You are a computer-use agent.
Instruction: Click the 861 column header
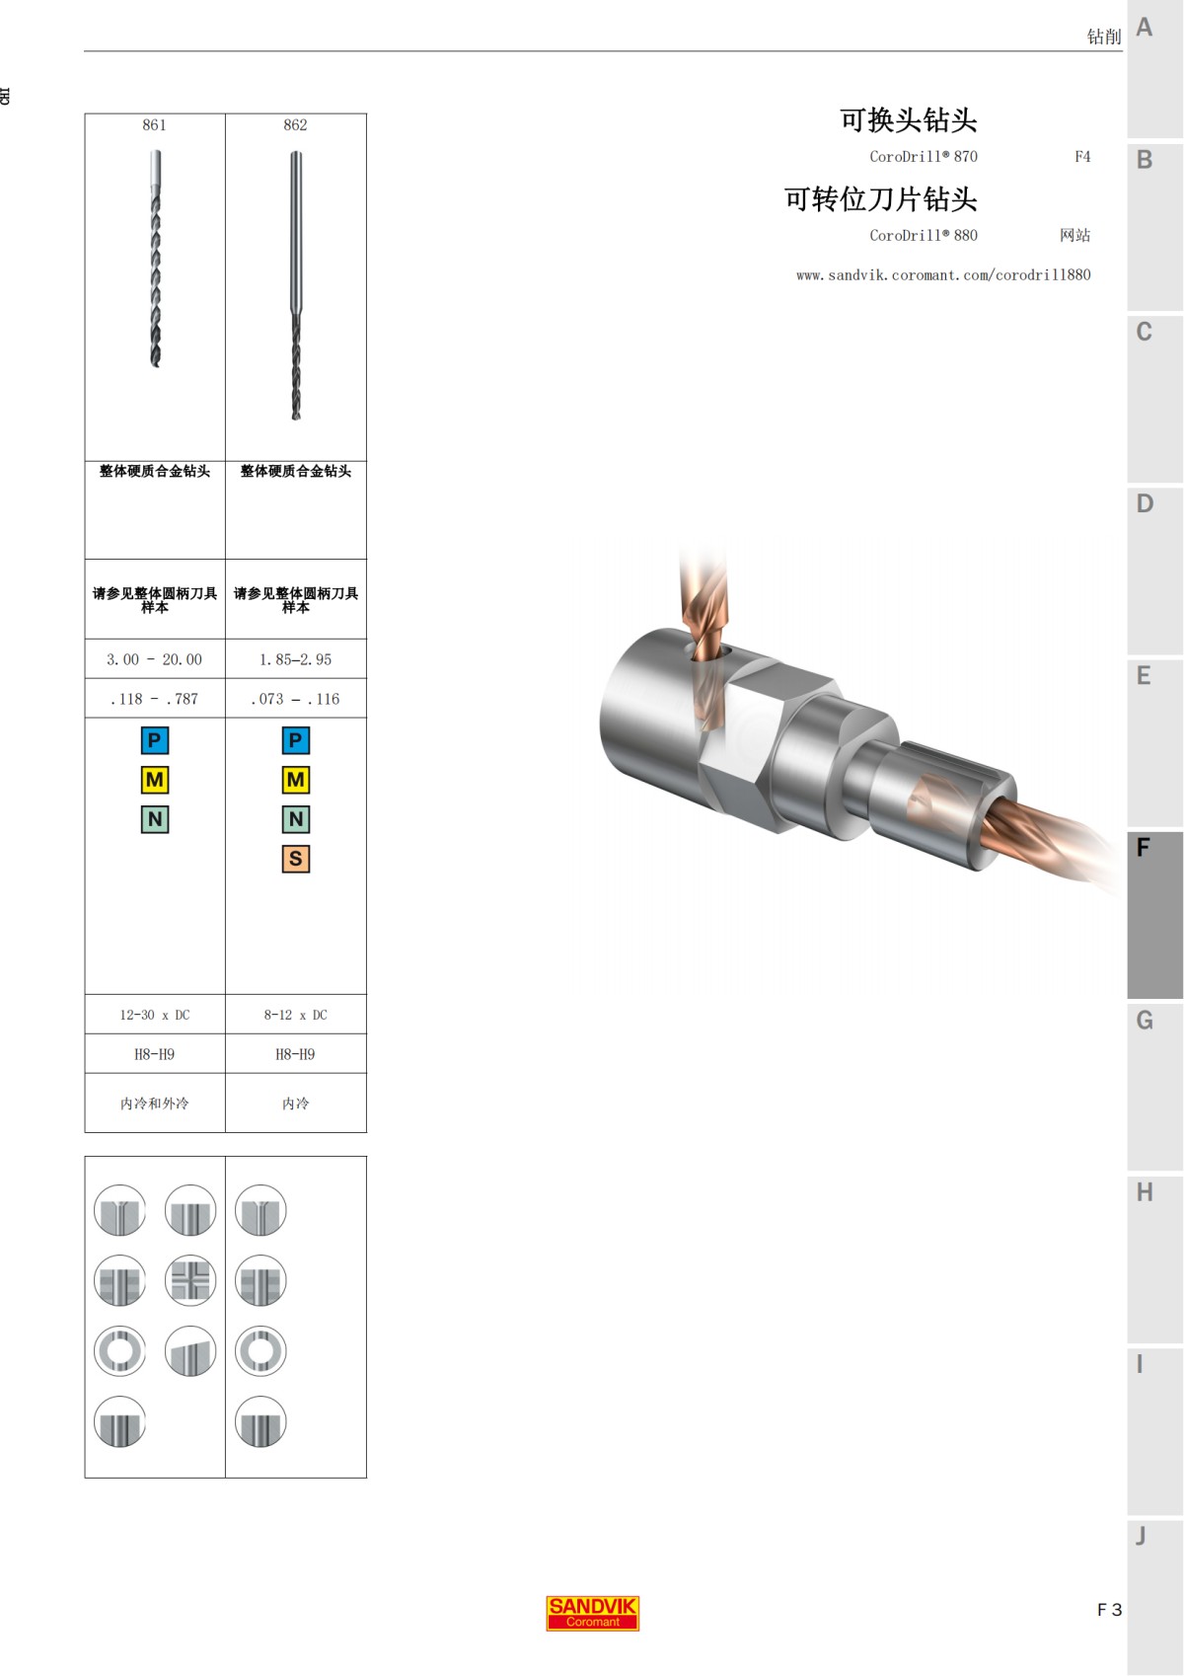[154, 125]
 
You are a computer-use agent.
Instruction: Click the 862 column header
[295, 125]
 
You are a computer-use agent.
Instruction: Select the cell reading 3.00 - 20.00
[154, 659]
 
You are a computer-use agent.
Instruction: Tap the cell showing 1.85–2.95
[295, 659]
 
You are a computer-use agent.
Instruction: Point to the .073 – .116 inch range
[295, 699]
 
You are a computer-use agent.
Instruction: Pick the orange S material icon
[295, 858]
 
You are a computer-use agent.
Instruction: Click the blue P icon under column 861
[155, 740]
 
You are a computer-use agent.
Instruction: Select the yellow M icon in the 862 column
[295, 780]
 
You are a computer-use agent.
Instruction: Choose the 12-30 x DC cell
[155, 1015]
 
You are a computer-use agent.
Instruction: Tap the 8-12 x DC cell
[295, 1015]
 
